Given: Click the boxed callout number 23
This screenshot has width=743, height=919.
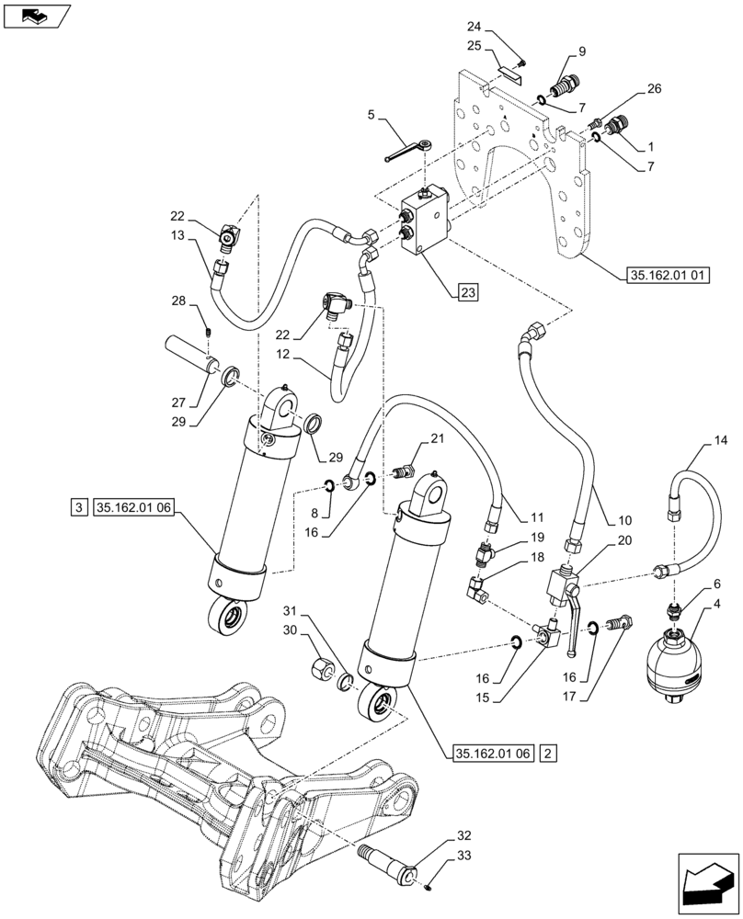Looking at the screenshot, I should pos(467,293).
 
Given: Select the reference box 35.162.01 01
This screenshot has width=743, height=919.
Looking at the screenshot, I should pos(668,276).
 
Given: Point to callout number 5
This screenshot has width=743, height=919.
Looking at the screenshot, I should pos(371,116).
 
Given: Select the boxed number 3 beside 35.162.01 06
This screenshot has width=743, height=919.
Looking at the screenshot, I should pos(79,506).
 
